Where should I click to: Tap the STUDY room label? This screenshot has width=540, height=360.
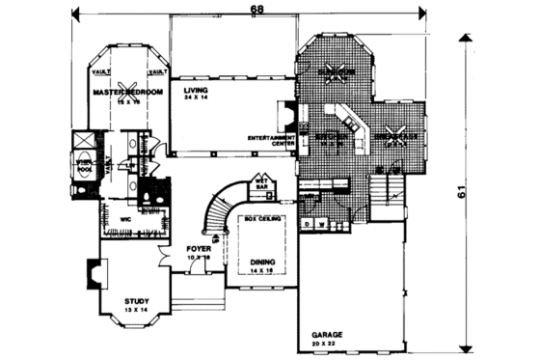click(137, 300)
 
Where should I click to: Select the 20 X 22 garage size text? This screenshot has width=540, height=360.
click(326, 344)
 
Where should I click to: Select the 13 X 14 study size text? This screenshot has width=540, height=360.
click(137, 310)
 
